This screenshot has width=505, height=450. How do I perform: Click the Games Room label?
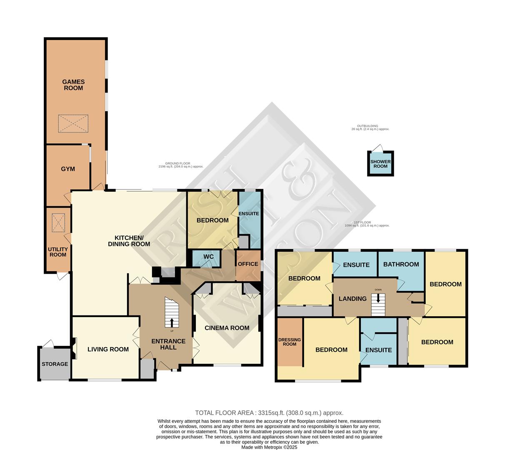73,85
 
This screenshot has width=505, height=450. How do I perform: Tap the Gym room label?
68,169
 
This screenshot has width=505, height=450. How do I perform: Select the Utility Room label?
58,252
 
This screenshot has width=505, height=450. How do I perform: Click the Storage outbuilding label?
55,364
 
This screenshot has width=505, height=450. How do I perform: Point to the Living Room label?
108,350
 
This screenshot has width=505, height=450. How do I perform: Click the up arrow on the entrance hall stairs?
172,322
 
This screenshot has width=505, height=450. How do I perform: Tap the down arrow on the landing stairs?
378,298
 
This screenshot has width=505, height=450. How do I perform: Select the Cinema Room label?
227,328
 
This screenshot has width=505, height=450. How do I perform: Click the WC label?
208,257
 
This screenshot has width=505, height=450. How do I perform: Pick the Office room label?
248,264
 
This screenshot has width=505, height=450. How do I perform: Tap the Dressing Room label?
290,342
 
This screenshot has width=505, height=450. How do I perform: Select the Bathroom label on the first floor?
401,264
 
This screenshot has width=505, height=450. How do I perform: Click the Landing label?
352,299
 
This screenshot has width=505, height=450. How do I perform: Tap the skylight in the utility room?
58,223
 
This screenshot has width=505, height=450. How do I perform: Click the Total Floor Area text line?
269,413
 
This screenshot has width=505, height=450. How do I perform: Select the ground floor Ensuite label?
249,214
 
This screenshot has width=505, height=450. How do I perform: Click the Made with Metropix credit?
269,447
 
